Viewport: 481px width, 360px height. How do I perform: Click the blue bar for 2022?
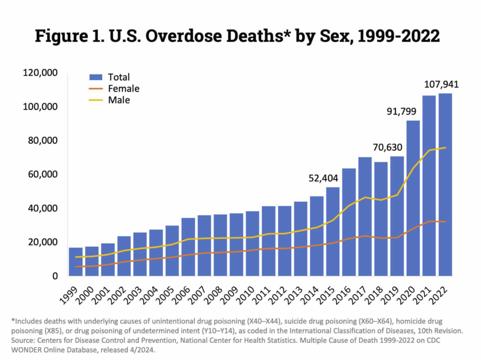point(445,184)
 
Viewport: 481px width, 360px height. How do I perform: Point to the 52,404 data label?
point(323,178)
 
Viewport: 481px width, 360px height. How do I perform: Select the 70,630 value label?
point(388,147)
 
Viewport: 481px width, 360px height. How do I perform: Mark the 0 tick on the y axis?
point(55,276)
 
